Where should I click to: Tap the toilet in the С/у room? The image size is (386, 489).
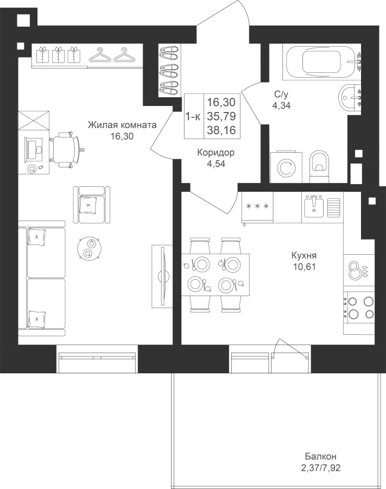tap(319, 167)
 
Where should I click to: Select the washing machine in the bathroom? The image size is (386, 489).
tap(286, 167)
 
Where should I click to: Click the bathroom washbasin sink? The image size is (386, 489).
tap(350, 97)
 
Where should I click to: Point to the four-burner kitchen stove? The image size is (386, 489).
tap(359, 308)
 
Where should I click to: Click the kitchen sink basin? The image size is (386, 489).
tap(314, 207)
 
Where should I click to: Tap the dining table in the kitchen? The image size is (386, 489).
tap(216, 275)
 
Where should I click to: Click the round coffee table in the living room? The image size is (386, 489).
tap(89, 248)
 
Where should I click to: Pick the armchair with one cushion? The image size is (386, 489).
tap(92, 205)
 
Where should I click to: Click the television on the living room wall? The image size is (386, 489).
tap(163, 276)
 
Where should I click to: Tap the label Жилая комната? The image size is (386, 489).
tap(122, 125)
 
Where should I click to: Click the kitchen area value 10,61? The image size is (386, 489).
tap(304, 267)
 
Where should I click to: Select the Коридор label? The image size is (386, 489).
tap(216, 153)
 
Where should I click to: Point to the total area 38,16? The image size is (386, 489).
tap(222, 130)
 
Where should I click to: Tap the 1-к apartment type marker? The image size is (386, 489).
tap(193, 117)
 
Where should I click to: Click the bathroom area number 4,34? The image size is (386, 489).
tap(281, 105)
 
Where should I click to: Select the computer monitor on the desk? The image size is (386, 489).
tap(32, 150)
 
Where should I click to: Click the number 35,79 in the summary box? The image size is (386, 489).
tap(222, 116)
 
